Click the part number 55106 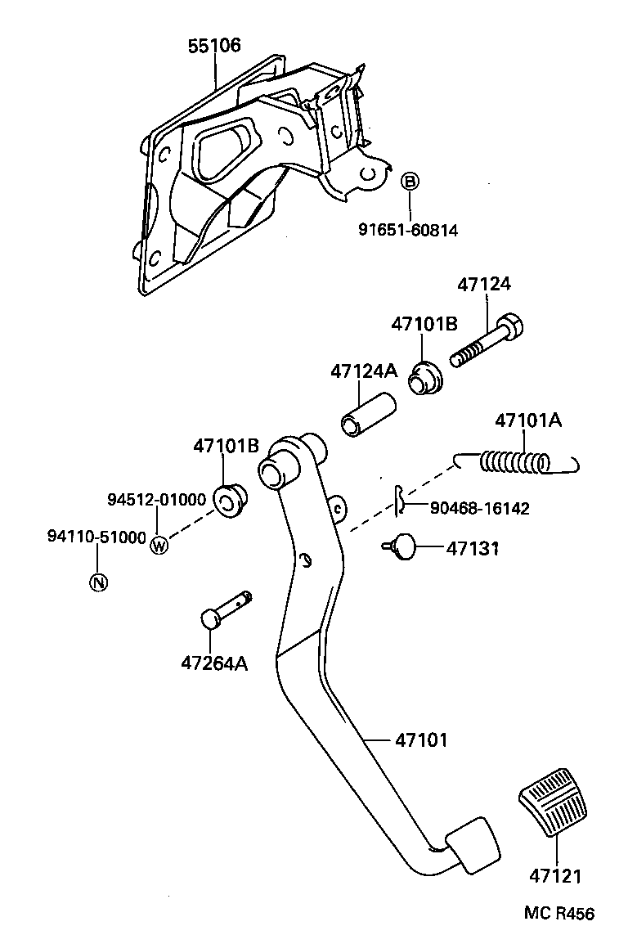(214, 46)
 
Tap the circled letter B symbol (410, 181)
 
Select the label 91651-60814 (407, 231)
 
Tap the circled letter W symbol (159, 545)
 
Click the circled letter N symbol (97, 582)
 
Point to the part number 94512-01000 (157, 500)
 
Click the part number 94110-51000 (96, 537)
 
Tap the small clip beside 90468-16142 (397, 501)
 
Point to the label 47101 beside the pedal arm (421, 740)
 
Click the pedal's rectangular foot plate (472, 843)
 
